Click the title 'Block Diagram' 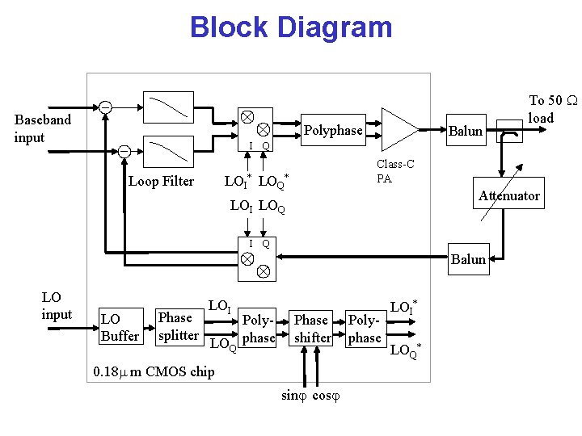point(291,27)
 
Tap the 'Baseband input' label point(43,128)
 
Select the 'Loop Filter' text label point(162,181)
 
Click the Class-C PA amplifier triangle point(399,129)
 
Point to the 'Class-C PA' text point(395,171)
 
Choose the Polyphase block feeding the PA point(333,130)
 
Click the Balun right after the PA point(466,131)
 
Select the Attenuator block point(508,195)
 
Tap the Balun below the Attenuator point(468,259)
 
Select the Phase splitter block point(178,326)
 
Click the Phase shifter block point(311,329)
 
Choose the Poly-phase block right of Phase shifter point(364,329)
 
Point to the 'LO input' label point(57,306)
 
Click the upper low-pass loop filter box point(167,107)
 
